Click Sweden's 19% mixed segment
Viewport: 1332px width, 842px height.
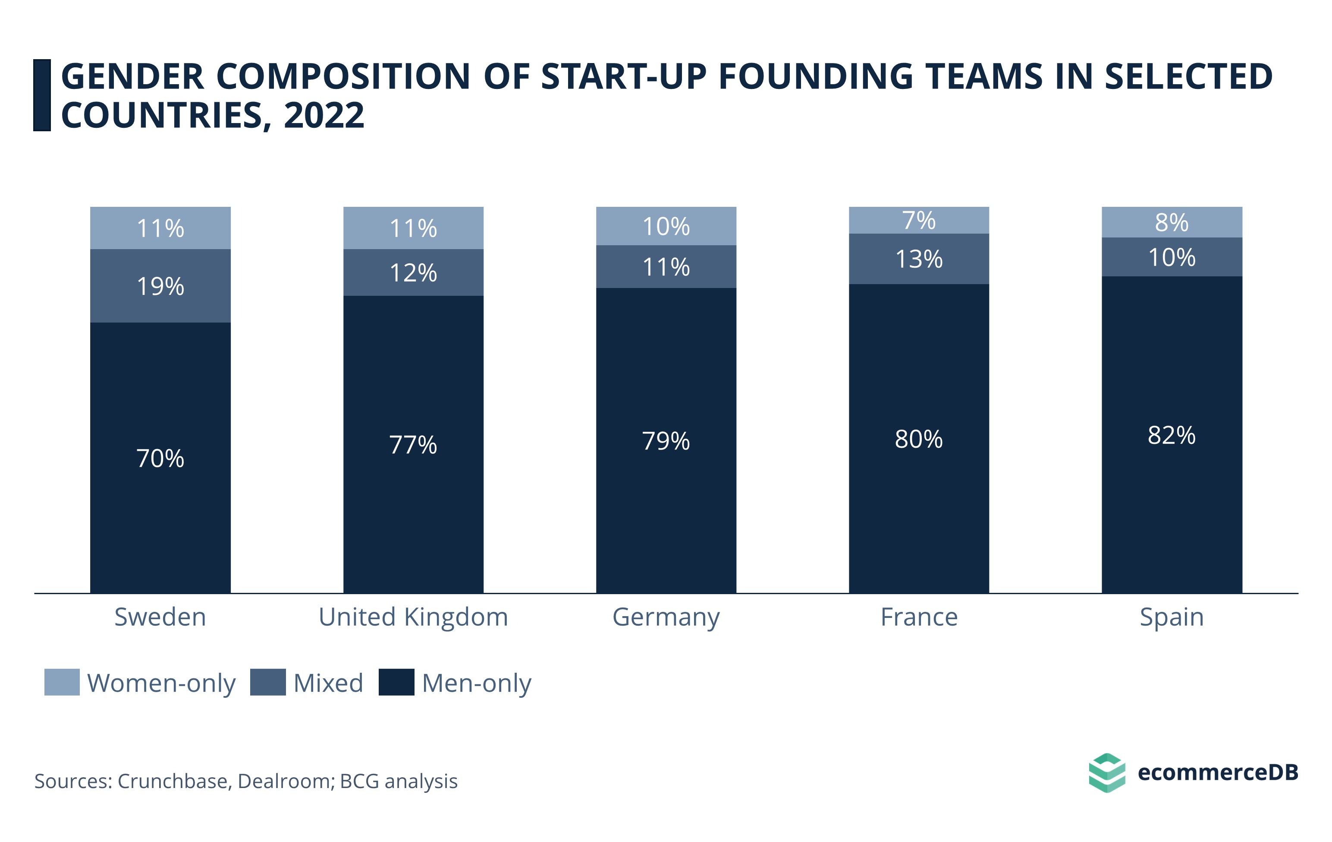click(x=160, y=286)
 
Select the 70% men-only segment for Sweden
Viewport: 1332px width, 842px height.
click(x=160, y=457)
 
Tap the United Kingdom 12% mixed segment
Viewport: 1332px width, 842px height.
click(x=413, y=272)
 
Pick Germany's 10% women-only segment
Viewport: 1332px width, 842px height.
click(x=666, y=226)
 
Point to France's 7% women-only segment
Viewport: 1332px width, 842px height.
click(x=919, y=220)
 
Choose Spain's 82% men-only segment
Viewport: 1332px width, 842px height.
click(x=1172, y=434)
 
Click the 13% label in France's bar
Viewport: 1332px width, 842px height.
click(x=919, y=259)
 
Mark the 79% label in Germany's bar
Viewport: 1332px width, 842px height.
click(x=666, y=441)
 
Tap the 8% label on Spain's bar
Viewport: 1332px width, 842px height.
click(x=1172, y=222)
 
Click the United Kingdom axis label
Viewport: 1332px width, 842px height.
click(x=413, y=617)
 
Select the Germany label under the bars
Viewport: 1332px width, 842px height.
click(x=666, y=617)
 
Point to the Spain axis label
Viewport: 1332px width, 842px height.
click(x=1172, y=617)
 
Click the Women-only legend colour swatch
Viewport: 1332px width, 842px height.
click(x=62, y=682)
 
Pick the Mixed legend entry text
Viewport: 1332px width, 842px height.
click(x=328, y=683)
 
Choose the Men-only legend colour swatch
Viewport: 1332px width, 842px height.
click(x=396, y=682)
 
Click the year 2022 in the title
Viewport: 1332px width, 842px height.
click(x=324, y=116)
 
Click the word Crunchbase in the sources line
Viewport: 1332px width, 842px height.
click(x=174, y=781)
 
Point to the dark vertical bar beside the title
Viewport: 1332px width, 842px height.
click(x=42, y=95)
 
